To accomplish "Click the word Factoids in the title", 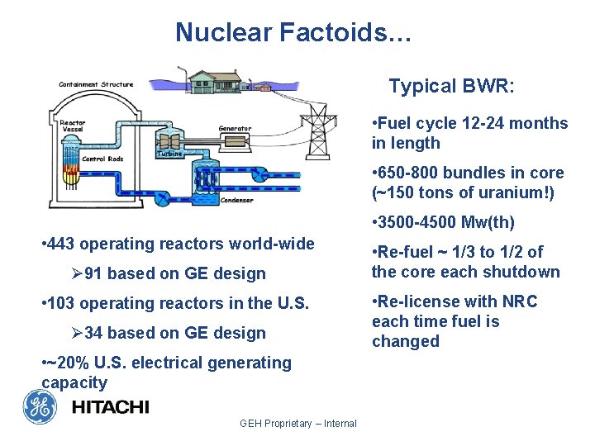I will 340,32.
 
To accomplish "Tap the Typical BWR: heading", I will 451,86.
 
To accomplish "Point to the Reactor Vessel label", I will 72,126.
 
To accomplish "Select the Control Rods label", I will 103,158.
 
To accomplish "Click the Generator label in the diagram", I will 235,129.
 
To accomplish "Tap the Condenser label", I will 237,199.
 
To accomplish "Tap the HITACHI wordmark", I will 110,406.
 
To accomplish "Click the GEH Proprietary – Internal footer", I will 297,424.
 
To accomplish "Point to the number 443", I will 63,244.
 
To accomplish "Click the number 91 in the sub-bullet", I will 94,273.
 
